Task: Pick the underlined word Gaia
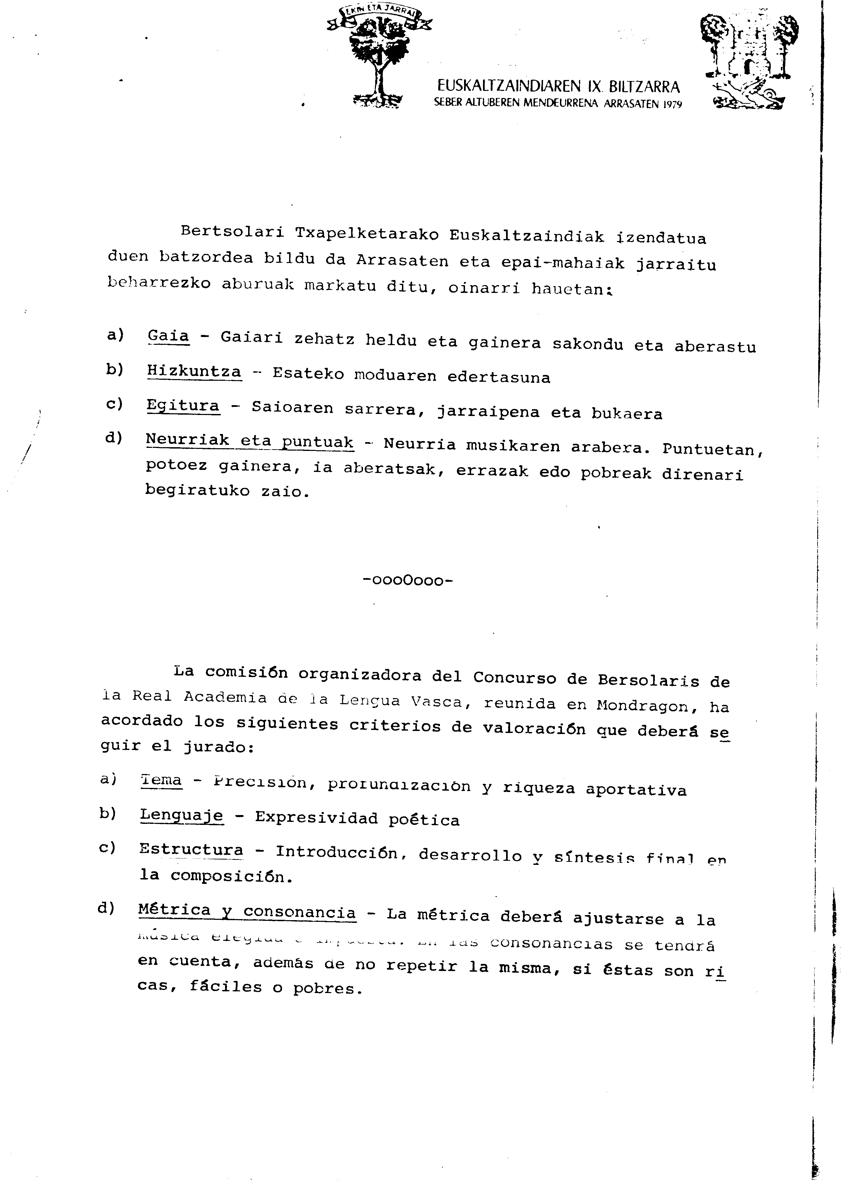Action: tap(168, 336)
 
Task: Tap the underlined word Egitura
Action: tap(183, 405)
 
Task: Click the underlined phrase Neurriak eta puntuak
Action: tap(249, 440)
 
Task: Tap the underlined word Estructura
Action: tap(191, 849)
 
